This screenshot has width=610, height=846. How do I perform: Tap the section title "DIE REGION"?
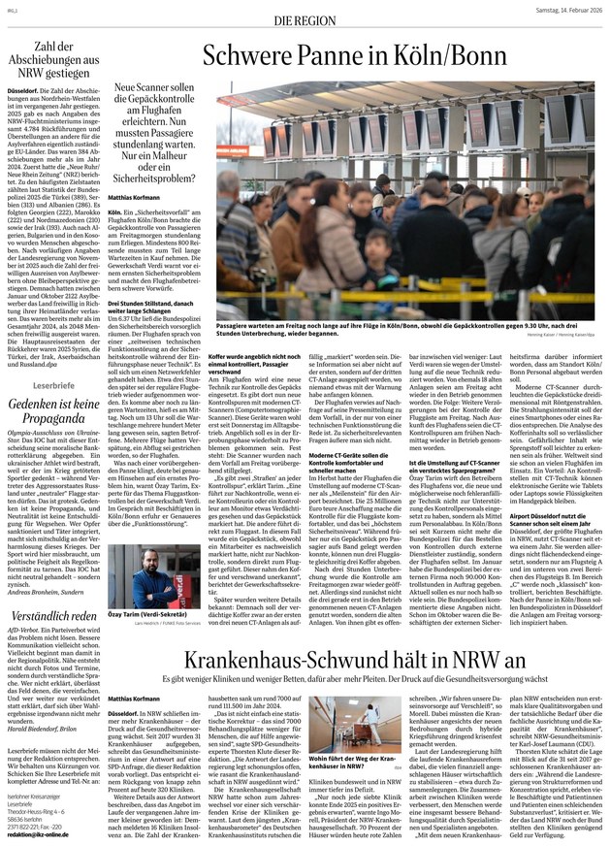click(x=305, y=19)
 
